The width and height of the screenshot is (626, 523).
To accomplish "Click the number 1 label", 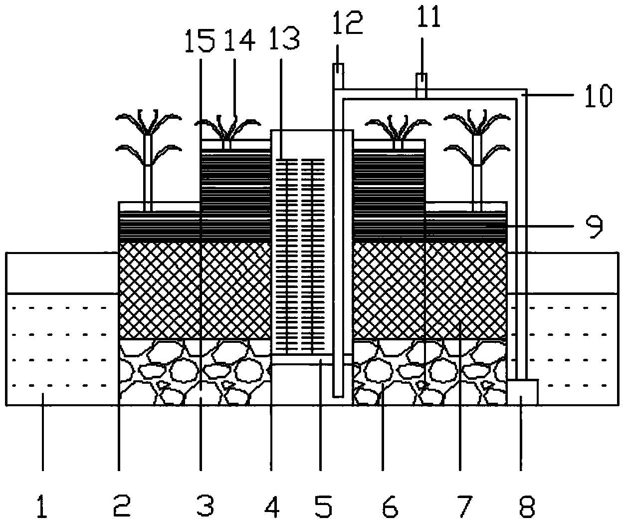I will (43, 507).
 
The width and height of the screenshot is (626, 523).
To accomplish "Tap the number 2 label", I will (121, 507).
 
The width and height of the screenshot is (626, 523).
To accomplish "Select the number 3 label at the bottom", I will (205, 507).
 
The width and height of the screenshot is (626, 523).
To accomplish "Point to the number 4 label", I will (272, 507).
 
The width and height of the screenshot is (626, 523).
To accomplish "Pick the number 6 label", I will (389, 507).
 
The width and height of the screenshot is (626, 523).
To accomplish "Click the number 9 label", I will (592, 226).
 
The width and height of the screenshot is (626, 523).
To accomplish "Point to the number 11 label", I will (429, 17).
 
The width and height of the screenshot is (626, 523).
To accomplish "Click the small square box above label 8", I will (522, 392).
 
